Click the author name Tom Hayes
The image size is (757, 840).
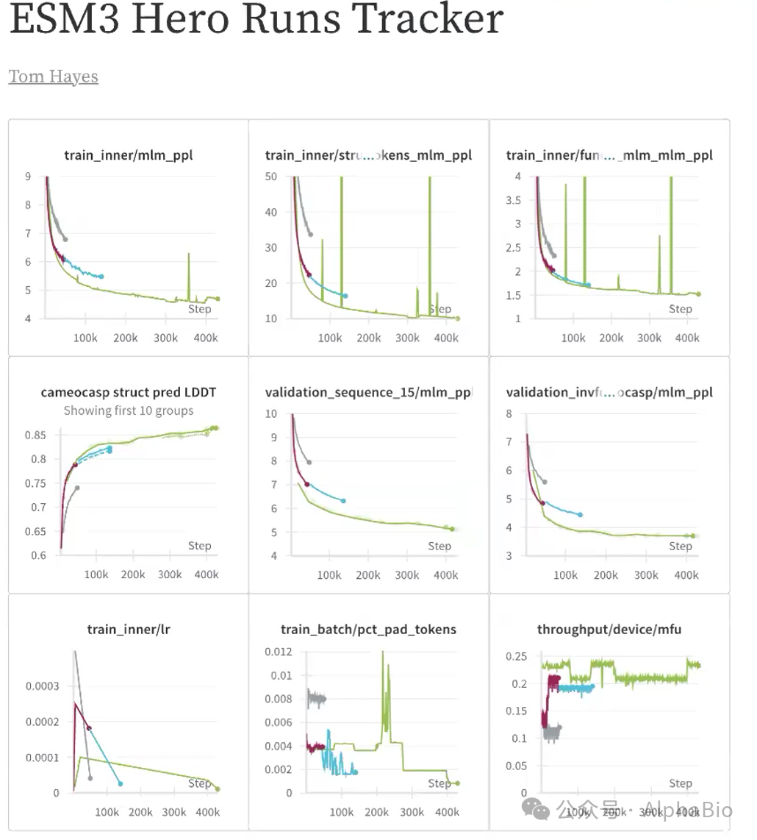pos(53,76)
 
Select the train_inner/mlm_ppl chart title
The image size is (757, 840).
pos(129,155)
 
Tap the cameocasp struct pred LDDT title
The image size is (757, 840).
pos(129,392)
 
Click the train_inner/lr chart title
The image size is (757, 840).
pos(129,629)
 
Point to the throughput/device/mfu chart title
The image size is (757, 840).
pos(609,629)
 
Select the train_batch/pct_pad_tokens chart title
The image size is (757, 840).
pos(368,629)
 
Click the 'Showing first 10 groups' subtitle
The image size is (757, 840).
pos(129,410)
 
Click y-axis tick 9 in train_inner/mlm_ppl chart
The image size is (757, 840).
pos(27,177)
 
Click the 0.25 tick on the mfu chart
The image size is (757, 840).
pos(517,656)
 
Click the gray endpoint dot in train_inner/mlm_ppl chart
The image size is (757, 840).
pos(65,239)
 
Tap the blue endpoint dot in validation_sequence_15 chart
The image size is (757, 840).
pos(343,501)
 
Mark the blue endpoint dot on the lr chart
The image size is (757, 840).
pos(121,784)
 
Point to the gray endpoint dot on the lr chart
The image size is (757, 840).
pos(90,778)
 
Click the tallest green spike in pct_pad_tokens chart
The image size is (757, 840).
pos(382,652)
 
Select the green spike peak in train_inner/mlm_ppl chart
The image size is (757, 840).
pos(189,254)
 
